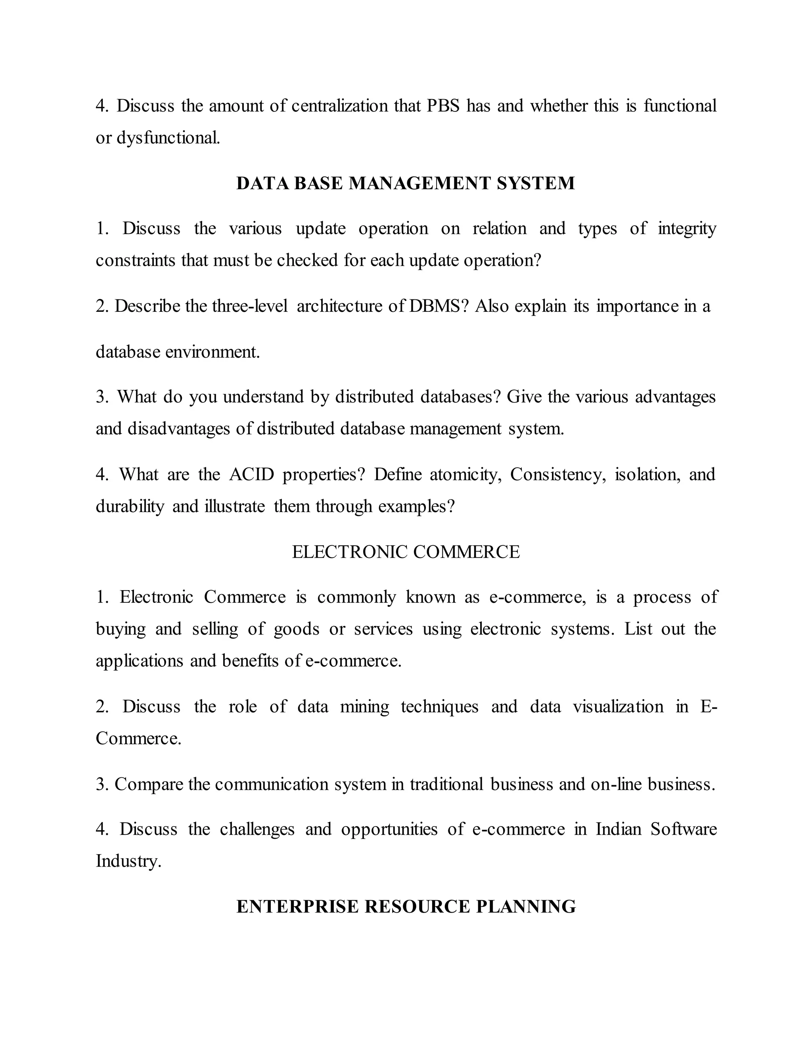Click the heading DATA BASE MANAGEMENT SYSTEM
point(406,183)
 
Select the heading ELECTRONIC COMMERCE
point(406,552)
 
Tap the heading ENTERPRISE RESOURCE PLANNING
point(406,906)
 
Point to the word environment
point(212,352)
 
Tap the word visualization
point(618,706)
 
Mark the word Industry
point(128,861)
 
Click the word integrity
point(686,228)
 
